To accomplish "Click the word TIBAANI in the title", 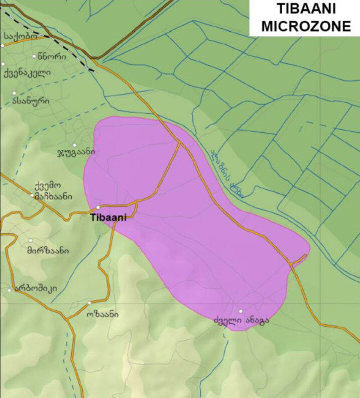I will pyautogui.click(x=304, y=10).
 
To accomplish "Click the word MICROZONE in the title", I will pyautogui.click(x=304, y=26).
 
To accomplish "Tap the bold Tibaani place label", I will pyautogui.click(x=108, y=217).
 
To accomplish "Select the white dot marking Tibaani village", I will pyautogui.click(x=98, y=208).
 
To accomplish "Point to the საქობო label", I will pyautogui.click(x=20, y=37).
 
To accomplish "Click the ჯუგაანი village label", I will pyautogui.click(x=75, y=151).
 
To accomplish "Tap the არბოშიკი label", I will pyautogui.click(x=36, y=289).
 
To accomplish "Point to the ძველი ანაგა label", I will pyautogui.click(x=241, y=320).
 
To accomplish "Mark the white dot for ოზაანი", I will pyautogui.click(x=89, y=303).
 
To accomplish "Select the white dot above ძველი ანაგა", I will pyautogui.click(x=241, y=312).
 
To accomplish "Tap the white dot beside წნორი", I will pyautogui.click(x=34, y=56).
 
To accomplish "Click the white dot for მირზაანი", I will pyautogui.click(x=31, y=241).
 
